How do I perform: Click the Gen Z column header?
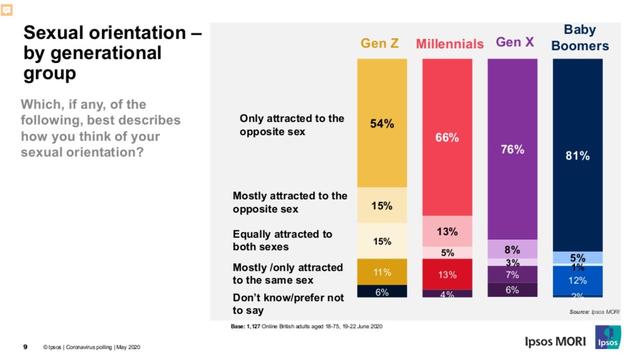(x=380, y=43)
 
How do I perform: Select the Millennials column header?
(x=449, y=44)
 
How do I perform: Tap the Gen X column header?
(x=515, y=42)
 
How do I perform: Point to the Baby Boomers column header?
(x=580, y=38)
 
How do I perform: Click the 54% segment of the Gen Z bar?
(x=382, y=123)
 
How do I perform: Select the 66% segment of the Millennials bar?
(x=447, y=137)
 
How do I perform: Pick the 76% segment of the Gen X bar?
(x=512, y=149)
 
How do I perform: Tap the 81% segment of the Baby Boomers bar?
(x=578, y=155)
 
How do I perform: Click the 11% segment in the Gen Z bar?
(x=382, y=272)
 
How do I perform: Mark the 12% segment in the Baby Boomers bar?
(x=578, y=280)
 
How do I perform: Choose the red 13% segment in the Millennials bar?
(x=447, y=274)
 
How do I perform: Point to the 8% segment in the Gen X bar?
(x=512, y=249)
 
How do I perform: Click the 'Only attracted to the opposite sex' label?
(x=292, y=125)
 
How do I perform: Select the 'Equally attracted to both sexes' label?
(x=282, y=240)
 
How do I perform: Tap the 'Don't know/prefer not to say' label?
(x=288, y=304)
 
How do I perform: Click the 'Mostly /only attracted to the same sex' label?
(x=288, y=274)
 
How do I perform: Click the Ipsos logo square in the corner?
(x=608, y=337)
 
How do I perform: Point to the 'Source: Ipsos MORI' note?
(x=594, y=312)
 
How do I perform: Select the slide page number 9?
(x=25, y=347)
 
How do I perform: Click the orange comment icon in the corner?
(x=7, y=9)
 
